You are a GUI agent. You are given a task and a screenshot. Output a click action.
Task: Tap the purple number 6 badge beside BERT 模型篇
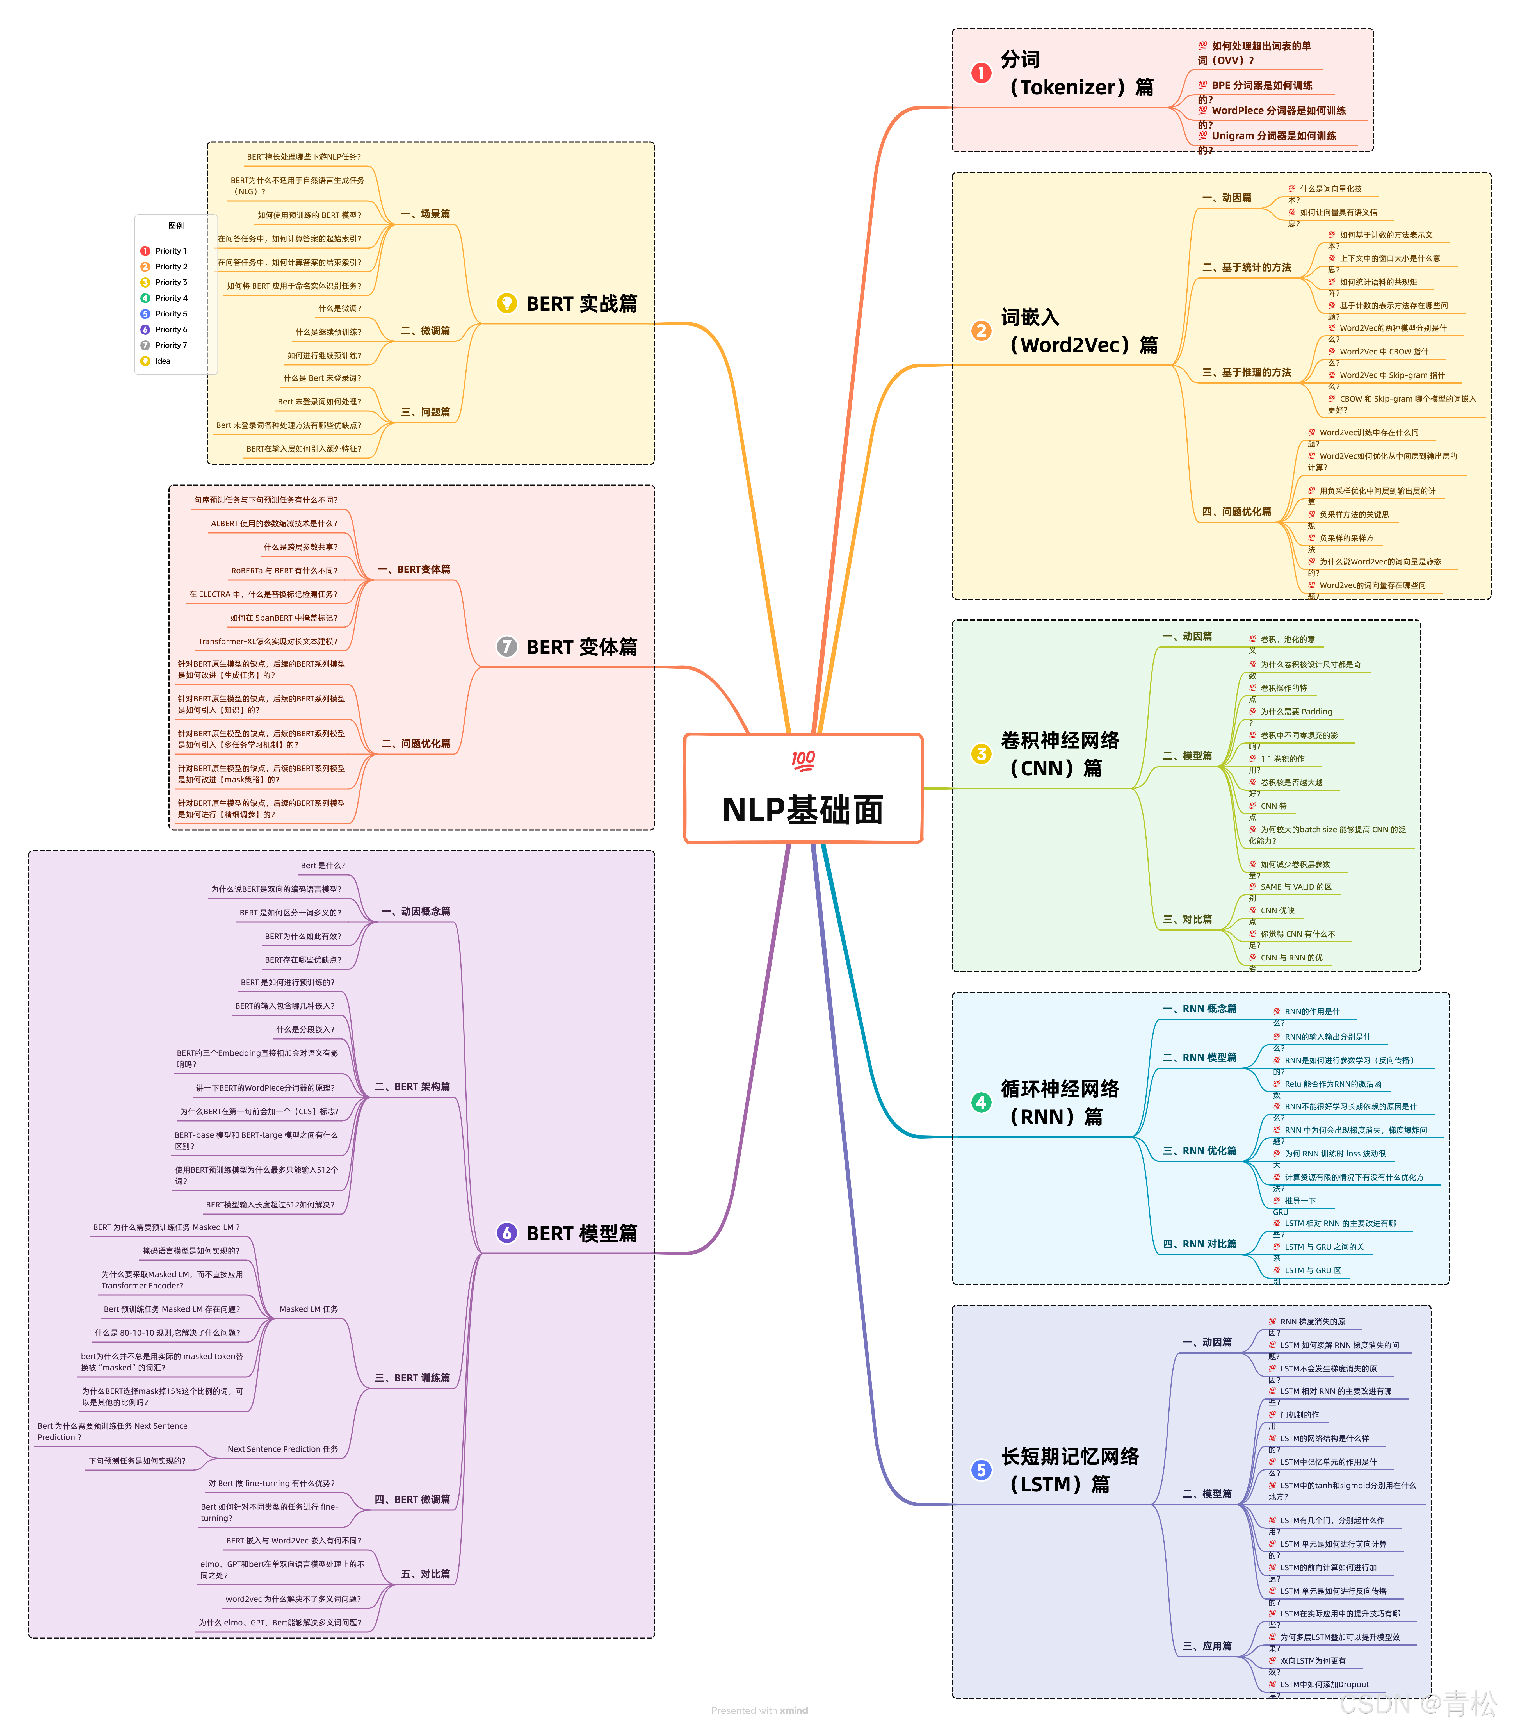click(x=506, y=1233)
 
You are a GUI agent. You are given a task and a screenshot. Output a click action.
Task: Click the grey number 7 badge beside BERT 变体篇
click(x=506, y=646)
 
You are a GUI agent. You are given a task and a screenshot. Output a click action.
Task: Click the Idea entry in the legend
click(x=162, y=361)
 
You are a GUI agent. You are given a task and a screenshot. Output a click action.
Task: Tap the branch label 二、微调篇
click(x=425, y=330)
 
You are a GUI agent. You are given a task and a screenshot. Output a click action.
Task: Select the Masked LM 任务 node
click(x=308, y=1309)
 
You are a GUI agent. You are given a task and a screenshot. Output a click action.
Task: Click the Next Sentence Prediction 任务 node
click(x=282, y=1449)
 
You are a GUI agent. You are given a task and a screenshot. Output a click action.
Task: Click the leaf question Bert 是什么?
click(x=323, y=865)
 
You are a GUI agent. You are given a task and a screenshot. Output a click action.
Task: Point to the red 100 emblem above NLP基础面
click(x=803, y=760)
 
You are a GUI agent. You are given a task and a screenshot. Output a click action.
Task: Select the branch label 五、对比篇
click(x=425, y=1574)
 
